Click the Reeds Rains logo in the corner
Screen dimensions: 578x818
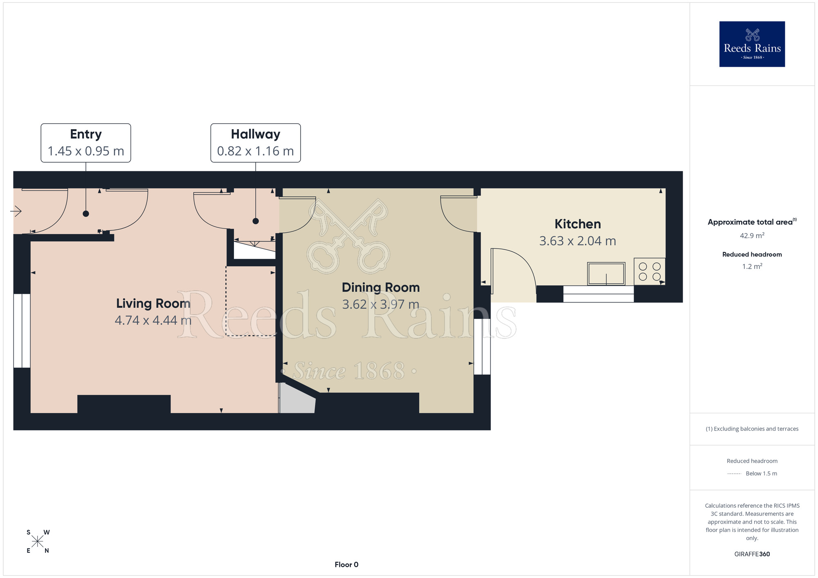pyautogui.click(x=752, y=44)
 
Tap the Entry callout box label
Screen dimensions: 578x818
pyautogui.click(x=86, y=134)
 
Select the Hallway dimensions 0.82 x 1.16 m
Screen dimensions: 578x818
pyautogui.click(x=256, y=151)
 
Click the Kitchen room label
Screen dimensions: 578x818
pyautogui.click(x=578, y=224)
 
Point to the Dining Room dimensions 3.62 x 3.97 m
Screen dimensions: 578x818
pyautogui.click(x=380, y=305)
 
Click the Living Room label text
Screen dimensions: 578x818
pyautogui.click(x=153, y=303)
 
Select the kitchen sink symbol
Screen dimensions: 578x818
pyautogui.click(x=606, y=273)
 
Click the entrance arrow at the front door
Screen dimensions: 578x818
pyautogui.click(x=16, y=211)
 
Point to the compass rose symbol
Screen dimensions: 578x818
pyautogui.click(x=38, y=542)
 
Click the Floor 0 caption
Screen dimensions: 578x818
pyautogui.click(x=346, y=565)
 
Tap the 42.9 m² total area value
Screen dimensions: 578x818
pyautogui.click(x=752, y=236)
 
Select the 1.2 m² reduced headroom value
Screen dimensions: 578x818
pyautogui.click(x=752, y=267)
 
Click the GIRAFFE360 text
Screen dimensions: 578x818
pyautogui.click(x=752, y=554)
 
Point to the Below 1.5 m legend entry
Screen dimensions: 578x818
pyautogui.click(x=761, y=473)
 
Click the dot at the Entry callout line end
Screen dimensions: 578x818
pyautogui.click(x=86, y=213)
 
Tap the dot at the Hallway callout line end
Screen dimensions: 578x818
pyautogui.click(x=256, y=221)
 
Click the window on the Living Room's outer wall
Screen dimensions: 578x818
pyautogui.click(x=22, y=330)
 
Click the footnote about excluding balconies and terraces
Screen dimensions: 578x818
pyautogui.click(x=752, y=429)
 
